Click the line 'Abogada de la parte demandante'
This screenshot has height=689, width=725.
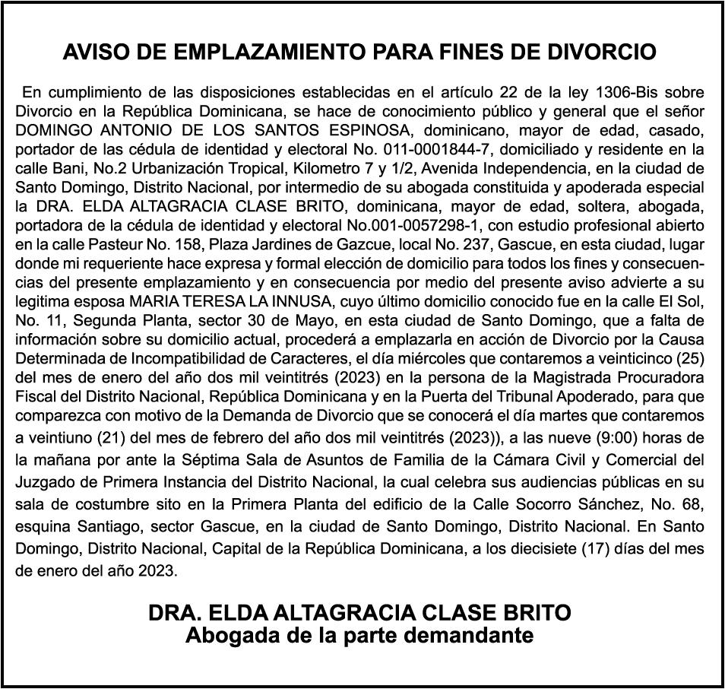click(x=359, y=635)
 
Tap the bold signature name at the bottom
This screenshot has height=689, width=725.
click(x=359, y=613)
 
